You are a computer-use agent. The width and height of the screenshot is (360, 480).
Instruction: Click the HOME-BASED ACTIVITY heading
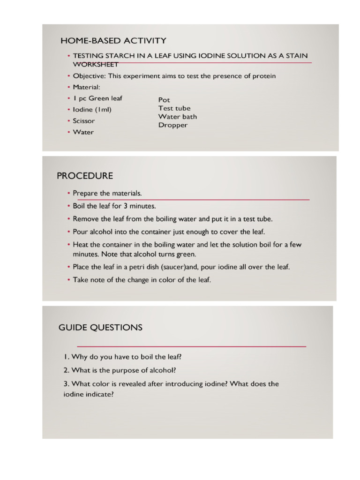coord(113,41)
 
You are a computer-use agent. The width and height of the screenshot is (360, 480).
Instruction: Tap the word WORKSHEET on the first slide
coord(95,64)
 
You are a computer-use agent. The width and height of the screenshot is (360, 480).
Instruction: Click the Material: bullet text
coord(86,87)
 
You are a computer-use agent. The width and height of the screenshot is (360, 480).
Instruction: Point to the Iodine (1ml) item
coord(92,110)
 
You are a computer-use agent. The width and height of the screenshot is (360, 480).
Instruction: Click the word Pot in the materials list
coord(164,100)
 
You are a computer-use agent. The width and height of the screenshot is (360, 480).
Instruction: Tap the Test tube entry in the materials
coord(174,108)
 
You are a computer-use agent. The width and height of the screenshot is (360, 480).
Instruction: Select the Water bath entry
coord(178,117)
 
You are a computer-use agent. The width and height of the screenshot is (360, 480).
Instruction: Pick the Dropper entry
coord(173,125)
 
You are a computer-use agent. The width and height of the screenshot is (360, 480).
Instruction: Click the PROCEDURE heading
coord(85,176)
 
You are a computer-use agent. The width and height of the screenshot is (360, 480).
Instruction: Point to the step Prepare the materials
coord(107,194)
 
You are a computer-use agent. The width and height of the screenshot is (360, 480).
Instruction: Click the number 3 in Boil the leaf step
coord(126,206)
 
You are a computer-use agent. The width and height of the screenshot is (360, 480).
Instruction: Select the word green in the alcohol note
coord(186,255)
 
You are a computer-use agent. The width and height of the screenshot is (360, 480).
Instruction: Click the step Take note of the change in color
coord(142,280)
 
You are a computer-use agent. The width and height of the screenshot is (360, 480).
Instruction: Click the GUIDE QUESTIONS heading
coord(100,328)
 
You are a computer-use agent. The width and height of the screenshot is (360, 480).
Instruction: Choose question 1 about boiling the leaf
coord(122,357)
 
